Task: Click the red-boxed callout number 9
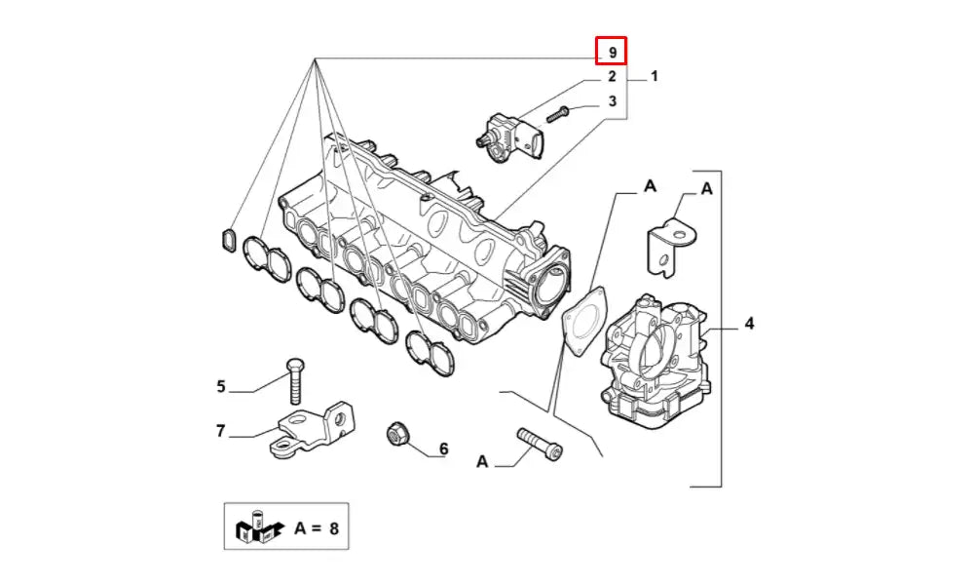click(612, 51)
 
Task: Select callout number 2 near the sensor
click(612, 76)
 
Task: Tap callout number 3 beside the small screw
click(612, 101)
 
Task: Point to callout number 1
click(655, 76)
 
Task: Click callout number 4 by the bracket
click(749, 323)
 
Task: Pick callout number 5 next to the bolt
click(221, 387)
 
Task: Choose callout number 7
click(221, 430)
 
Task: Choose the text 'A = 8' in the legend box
click(316, 528)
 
